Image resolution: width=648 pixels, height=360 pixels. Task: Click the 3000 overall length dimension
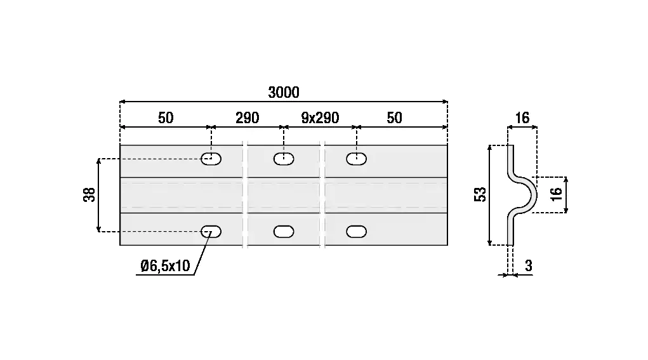283,93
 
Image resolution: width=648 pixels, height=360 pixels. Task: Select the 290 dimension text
247,118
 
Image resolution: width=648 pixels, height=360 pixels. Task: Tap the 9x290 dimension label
320,118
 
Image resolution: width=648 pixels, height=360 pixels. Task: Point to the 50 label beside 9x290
394,118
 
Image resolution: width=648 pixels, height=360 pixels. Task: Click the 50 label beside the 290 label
166,118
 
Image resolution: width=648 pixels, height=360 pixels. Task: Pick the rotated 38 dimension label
89,194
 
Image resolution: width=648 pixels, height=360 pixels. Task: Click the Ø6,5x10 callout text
165,267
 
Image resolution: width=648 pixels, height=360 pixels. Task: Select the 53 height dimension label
480,194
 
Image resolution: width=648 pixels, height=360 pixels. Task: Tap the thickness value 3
528,267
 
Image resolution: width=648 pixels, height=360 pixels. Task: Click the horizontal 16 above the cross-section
522,118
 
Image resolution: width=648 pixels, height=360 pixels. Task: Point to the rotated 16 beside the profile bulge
557,194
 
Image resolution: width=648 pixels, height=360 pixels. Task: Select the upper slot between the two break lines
284,159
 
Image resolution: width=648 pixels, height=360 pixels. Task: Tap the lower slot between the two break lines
284,232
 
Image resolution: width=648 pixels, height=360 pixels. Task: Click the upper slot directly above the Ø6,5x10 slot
211,159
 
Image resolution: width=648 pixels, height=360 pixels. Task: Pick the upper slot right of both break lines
357,159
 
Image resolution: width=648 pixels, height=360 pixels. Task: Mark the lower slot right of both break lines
357,232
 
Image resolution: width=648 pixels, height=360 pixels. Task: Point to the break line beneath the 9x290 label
323,194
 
